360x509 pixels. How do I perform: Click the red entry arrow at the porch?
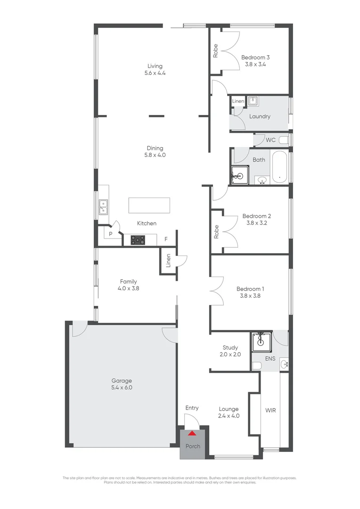(192, 433)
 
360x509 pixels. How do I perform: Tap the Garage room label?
(122, 381)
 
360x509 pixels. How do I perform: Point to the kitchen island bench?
(148, 205)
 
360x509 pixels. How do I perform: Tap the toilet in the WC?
(284, 140)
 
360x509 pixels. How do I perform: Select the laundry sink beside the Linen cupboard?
(253, 100)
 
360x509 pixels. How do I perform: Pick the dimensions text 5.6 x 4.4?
(155, 73)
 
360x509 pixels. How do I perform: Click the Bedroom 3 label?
(255, 57)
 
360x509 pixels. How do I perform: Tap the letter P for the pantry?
(111, 234)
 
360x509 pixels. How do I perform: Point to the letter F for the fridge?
(166, 239)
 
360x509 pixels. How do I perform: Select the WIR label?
(270, 410)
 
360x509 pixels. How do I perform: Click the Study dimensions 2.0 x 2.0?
(230, 354)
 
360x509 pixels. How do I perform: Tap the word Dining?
(155, 148)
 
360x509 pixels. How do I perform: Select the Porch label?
(192, 446)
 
